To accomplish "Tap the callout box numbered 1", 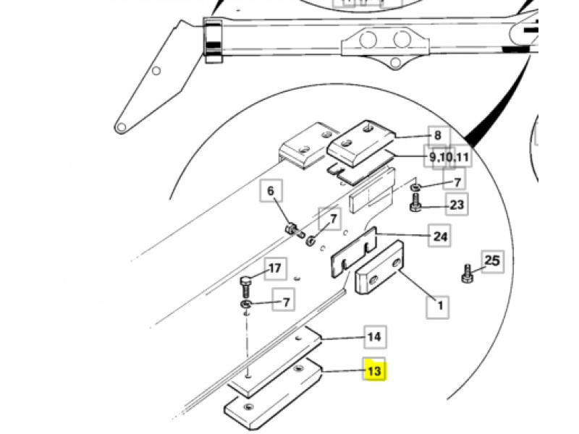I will click(437, 305).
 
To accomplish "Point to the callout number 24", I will click(440, 236).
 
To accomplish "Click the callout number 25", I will click(492, 260).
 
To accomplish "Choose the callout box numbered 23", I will click(457, 205).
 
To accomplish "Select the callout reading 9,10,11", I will click(449, 157).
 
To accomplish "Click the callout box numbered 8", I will click(437, 135).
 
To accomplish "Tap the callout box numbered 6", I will click(271, 192).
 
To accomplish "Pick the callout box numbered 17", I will click(274, 269).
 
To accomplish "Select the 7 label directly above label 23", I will click(457, 182).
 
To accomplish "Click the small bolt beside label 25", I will click(467, 274).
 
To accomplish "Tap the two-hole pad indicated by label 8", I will click(361, 142).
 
